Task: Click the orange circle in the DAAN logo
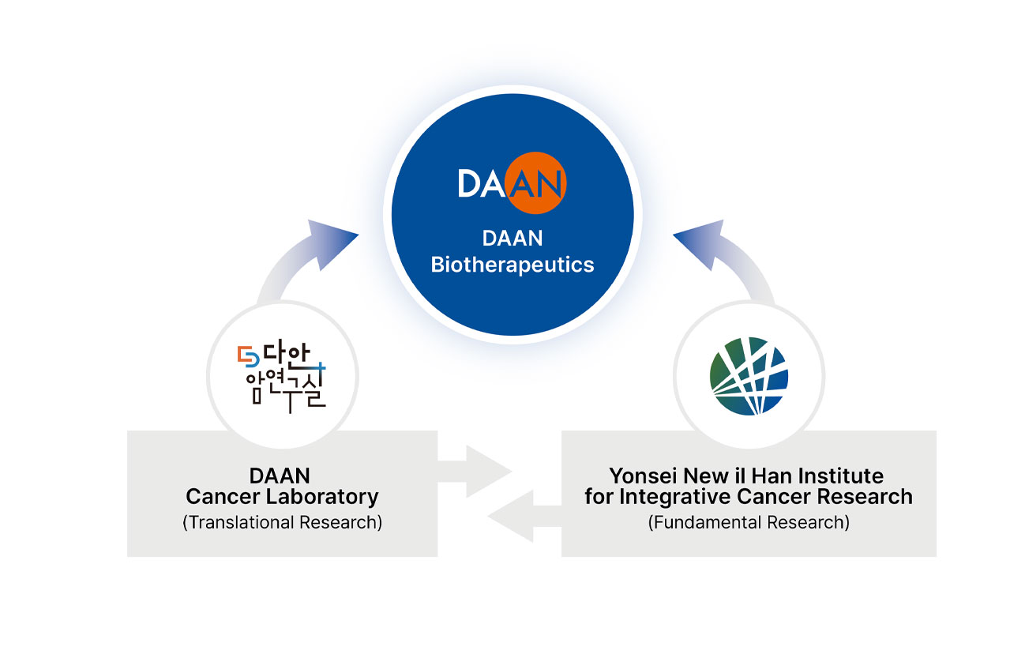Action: coord(537,183)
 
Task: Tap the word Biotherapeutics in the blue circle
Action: coord(512,264)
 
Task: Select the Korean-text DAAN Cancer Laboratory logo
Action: coord(282,374)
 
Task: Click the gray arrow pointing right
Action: coord(479,472)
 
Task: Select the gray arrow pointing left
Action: coord(521,517)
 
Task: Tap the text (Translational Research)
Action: coord(282,522)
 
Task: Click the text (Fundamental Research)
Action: coord(749,522)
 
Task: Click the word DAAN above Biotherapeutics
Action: coord(512,239)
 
